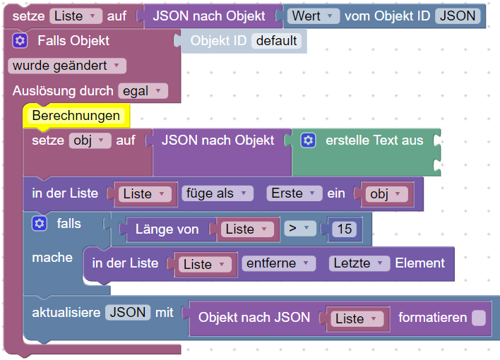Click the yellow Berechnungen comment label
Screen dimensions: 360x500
pyautogui.click(x=76, y=116)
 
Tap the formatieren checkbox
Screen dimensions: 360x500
pyautogui.click(x=479, y=318)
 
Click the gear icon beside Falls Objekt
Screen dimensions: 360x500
pyautogui.click(x=20, y=41)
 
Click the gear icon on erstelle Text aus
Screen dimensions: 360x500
pyautogui.click(x=308, y=140)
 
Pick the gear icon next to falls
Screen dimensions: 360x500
pyautogui.click(x=40, y=224)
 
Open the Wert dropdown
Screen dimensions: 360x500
pyautogui.click(x=311, y=16)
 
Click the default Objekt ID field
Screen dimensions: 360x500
pyautogui.click(x=276, y=41)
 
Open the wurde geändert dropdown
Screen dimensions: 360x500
pyautogui.click(x=66, y=66)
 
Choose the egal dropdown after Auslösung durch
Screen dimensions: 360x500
pyautogui.click(x=143, y=91)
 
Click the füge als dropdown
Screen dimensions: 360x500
pyautogui.click(x=217, y=193)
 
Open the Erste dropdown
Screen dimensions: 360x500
pyautogui.click(x=292, y=193)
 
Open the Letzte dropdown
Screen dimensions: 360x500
pyautogui.click(x=359, y=263)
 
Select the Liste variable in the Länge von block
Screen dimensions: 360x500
pyautogui.click(x=246, y=229)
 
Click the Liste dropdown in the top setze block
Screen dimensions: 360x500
pyautogui.click(x=76, y=16)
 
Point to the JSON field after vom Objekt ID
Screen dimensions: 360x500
pyautogui.click(x=457, y=16)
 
